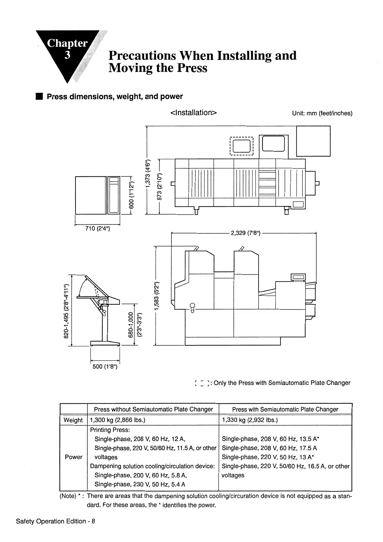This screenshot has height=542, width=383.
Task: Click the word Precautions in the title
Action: click(142, 55)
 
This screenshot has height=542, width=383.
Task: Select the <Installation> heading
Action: click(193, 113)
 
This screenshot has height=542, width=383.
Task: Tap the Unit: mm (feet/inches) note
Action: click(322, 113)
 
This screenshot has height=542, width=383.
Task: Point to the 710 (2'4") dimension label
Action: click(97, 229)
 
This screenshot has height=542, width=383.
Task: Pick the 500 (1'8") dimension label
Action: click(105, 367)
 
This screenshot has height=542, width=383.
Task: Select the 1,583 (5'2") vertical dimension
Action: click(157, 296)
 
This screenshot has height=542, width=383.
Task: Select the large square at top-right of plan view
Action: click(313, 141)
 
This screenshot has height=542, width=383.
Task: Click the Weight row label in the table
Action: click(73, 420)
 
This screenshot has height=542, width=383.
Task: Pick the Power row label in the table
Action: click(74, 457)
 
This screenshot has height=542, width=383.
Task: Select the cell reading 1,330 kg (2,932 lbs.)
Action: click(250, 420)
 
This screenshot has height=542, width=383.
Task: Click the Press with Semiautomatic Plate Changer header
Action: click(285, 409)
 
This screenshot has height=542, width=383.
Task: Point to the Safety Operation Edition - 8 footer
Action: click(55, 521)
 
